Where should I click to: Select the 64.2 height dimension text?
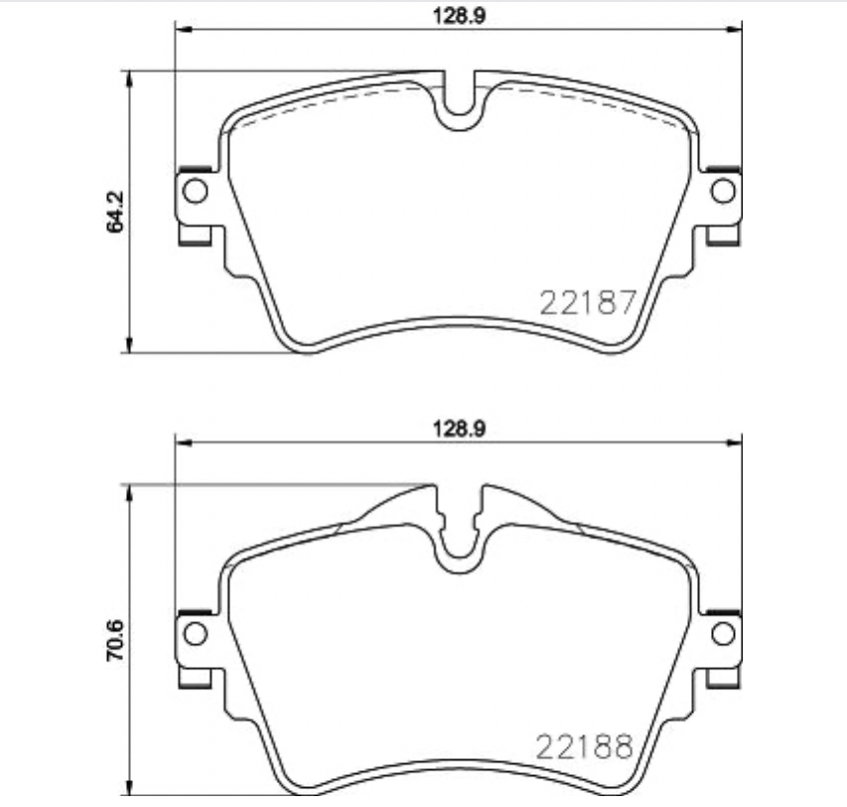coord(116,212)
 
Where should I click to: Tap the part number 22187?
coord(586,302)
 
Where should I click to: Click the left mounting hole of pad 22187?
coord(196,189)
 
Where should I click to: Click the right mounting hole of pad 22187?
coord(723,189)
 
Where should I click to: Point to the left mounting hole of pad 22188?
coord(196,632)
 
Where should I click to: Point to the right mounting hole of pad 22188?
coord(723,632)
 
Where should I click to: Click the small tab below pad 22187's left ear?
coord(195,235)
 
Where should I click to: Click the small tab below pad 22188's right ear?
coord(722,678)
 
